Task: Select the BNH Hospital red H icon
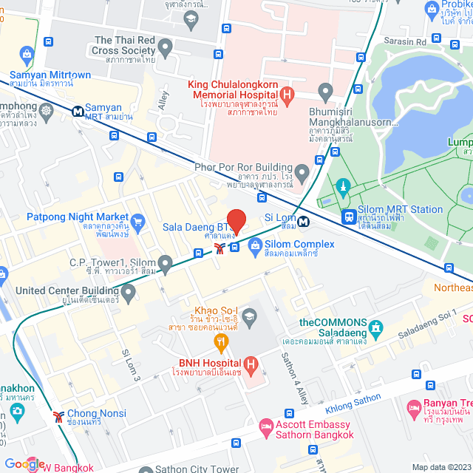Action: coord(251,364)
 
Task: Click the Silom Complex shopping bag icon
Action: coord(255,244)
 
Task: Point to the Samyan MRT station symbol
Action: coord(77,112)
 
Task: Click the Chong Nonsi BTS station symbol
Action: coord(58,415)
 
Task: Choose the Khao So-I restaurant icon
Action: coord(220,341)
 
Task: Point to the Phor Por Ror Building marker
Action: coord(301,171)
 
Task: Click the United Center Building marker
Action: coord(129,293)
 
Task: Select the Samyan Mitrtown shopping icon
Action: coord(27,54)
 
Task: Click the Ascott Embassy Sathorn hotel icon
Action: coord(265,426)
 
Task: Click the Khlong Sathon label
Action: coord(353,404)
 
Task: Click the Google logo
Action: coord(24,463)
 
